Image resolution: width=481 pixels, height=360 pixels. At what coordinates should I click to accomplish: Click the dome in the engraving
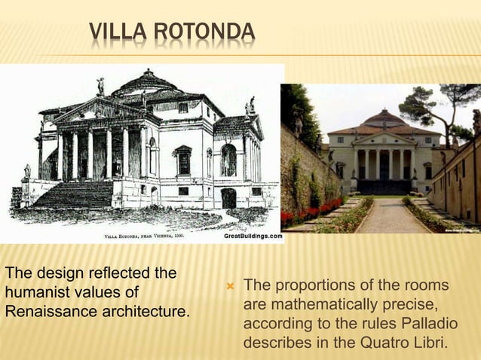148,84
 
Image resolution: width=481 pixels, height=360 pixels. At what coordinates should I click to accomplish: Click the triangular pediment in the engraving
103,110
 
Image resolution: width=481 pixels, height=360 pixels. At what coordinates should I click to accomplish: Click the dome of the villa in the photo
384,118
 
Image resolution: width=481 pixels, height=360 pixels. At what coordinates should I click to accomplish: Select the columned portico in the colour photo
384,162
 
